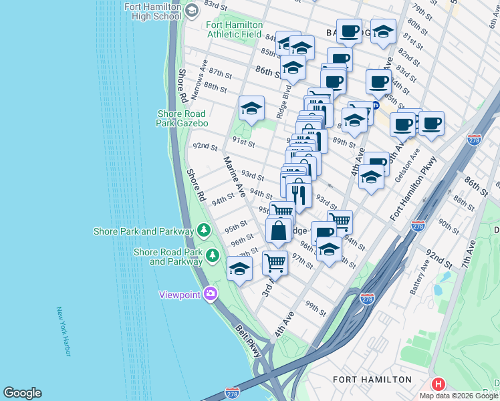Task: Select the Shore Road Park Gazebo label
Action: (x=182, y=118)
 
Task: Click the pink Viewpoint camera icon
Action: (x=210, y=294)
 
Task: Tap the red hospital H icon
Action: (x=439, y=384)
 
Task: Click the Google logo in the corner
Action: (x=22, y=393)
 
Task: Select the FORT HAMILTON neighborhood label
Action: (x=372, y=380)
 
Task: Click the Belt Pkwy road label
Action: (x=248, y=341)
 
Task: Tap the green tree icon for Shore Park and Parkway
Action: (x=205, y=231)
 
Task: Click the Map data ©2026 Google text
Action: (x=459, y=396)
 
